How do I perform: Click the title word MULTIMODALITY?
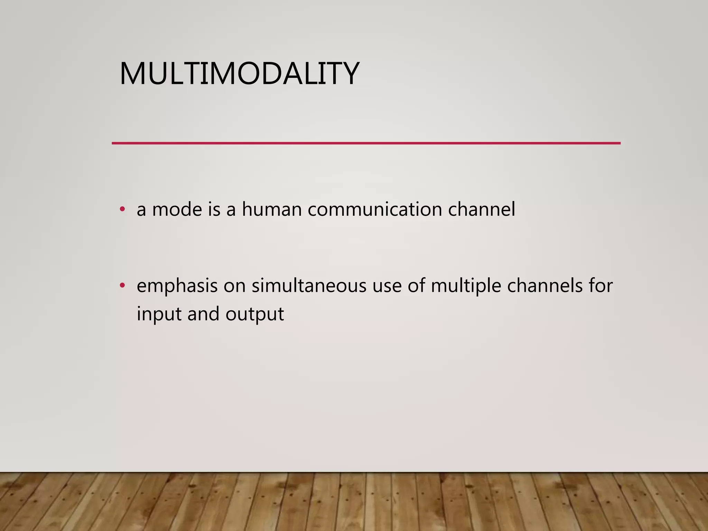(239, 73)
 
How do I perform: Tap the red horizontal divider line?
(366, 143)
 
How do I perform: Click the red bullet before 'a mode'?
(122, 209)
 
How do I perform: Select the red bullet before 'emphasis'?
(122, 286)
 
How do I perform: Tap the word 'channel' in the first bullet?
(482, 209)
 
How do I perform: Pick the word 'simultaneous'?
(309, 286)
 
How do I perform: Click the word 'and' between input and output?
(203, 314)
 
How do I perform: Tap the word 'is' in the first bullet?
(214, 209)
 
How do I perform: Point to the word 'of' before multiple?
(416, 286)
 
